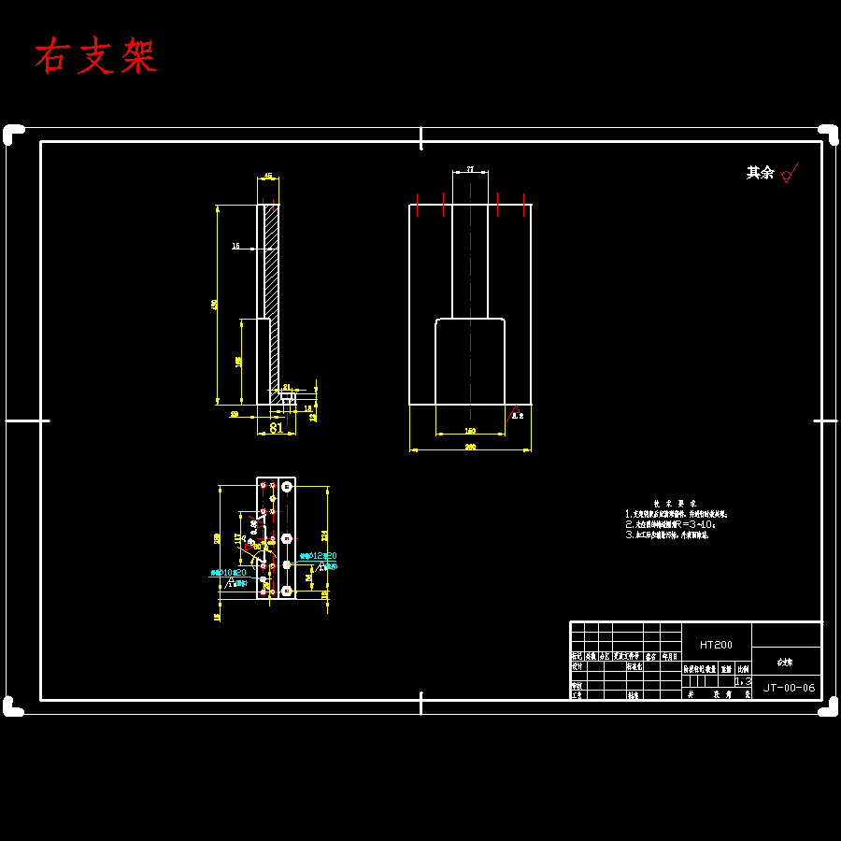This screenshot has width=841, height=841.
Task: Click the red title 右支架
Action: pyautogui.click(x=95, y=57)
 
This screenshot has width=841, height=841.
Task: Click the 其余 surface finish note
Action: pyautogui.click(x=760, y=173)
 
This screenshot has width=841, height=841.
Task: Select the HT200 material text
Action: pyautogui.click(x=716, y=645)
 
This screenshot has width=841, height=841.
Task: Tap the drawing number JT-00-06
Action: pyautogui.click(x=789, y=688)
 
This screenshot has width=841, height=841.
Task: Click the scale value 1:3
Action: pyautogui.click(x=743, y=682)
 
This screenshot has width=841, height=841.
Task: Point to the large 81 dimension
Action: pyautogui.click(x=276, y=428)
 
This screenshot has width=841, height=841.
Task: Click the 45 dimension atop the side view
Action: pyautogui.click(x=268, y=176)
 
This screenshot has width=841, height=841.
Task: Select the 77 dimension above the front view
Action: pyautogui.click(x=470, y=169)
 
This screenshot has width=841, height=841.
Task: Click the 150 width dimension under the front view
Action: pyautogui.click(x=470, y=431)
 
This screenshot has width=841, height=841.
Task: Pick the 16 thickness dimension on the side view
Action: pyautogui.click(x=235, y=247)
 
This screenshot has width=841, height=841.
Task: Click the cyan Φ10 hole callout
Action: pyautogui.click(x=228, y=572)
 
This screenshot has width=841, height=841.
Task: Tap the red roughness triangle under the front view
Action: pyautogui.click(x=513, y=410)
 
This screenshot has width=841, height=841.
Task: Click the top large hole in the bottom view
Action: pyautogui.click(x=287, y=486)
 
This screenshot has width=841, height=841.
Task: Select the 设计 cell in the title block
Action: pyautogui.click(x=577, y=667)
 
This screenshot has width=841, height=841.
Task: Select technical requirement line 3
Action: pyautogui.click(x=667, y=536)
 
